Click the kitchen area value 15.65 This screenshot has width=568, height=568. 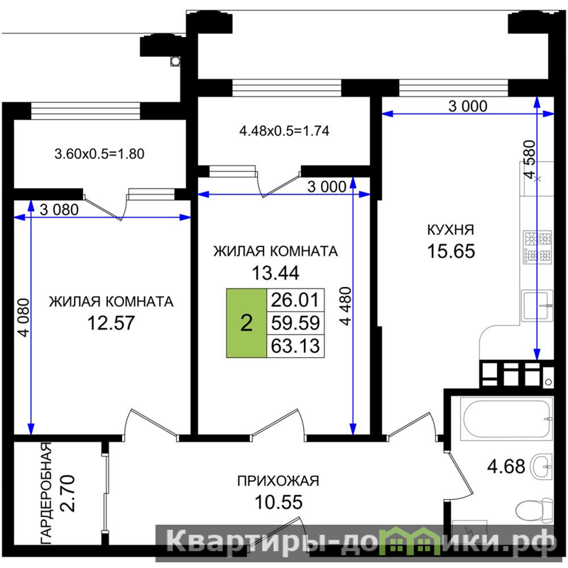click(451, 251)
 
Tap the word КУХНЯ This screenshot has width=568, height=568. click(451, 229)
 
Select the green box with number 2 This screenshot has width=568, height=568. click(246, 323)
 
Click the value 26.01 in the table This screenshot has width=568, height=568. click(295, 300)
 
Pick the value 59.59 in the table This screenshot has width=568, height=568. click(295, 323)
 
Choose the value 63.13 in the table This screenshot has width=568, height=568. click(295, 346)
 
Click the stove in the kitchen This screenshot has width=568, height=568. click(537, 246)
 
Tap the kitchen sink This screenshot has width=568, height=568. click(537, 305)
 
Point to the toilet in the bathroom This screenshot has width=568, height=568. click(535, 510)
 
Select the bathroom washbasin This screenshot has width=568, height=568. click(541, 466)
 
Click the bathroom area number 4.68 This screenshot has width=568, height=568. click(506, 466)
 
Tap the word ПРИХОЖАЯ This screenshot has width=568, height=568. click(278, 481)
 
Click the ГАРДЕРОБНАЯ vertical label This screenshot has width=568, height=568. click(46, 493)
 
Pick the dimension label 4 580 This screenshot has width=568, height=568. click(530, 159)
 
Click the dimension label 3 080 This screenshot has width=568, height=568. click(59, 209)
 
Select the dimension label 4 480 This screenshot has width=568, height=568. click(346, 306)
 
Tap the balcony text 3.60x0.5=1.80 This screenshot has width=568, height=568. click(99, 154)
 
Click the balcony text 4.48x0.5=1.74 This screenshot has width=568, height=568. click(285, 131)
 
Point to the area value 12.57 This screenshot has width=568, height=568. click(111, 323)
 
